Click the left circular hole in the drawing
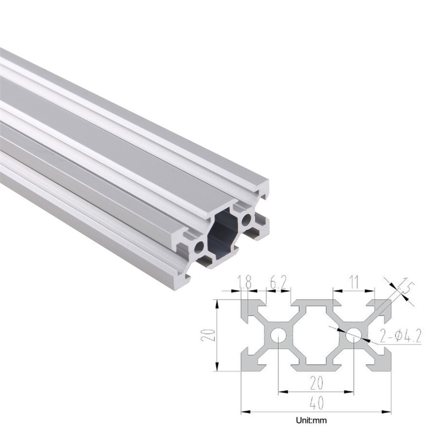click(278, 335)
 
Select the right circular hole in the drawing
click(353, 335)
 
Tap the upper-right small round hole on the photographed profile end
click(246, 219)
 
